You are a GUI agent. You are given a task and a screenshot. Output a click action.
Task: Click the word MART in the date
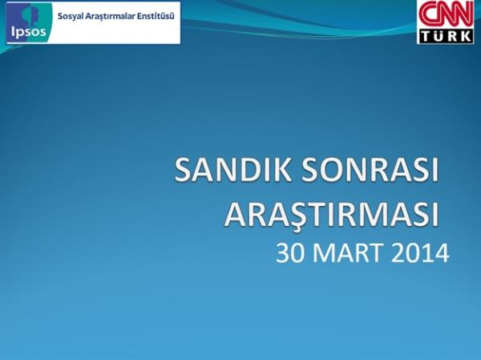pos(349,253)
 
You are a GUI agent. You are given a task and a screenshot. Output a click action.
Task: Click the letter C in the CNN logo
pos(427,15)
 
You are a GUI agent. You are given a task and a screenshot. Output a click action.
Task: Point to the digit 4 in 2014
pos(441,253)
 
